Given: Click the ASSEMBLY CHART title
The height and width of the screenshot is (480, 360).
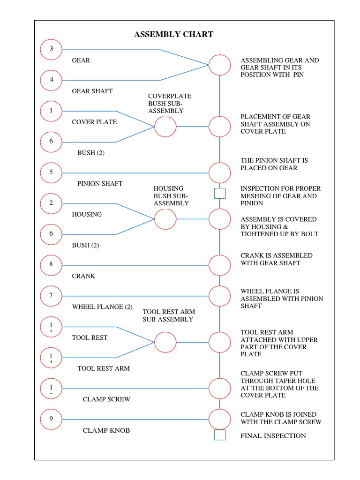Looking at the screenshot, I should pyautogui.click(x=173, y=34).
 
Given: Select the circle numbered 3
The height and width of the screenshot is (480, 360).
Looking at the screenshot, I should pyautogui.click(x=52, y=49).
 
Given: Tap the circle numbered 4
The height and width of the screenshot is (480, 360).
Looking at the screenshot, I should pyautogui.click(x=52, y=80).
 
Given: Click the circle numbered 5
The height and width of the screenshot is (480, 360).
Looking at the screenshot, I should pyautogui.click(x=52, y=172).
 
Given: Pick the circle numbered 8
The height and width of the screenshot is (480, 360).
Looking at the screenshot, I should pyautogui.click(x=52, y=265).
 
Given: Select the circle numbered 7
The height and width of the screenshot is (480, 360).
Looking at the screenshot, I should pyautogui.click(x=52, y=295).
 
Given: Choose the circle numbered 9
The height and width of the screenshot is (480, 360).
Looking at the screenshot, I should pyautogui.click(x=52, y=419).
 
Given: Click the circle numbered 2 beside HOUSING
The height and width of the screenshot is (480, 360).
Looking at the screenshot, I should pyautogui.click(x=52, y=203).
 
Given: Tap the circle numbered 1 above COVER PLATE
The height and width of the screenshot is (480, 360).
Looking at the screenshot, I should pyautogui.click(x=52, y=111).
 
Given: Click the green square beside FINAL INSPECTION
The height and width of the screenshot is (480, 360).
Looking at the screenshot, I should pyautogui.click(x=220, y=435).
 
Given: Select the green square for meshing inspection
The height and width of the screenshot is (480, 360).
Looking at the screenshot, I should pyautogui.click(x=220, y=193).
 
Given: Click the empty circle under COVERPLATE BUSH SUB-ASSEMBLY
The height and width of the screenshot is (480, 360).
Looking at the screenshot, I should pyautogui.click(x=165, y=127).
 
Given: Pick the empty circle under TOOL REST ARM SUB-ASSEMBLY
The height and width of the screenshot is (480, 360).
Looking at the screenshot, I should pyautogui.click(x=165, y=342).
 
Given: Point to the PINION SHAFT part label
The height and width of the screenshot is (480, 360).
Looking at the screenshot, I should pyautogui.click(x=100, y=183).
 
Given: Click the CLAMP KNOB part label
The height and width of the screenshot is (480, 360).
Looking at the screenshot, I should pyautogui.click(x=106, y=430).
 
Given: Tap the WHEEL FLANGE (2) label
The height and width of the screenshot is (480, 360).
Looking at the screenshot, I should pyautogui.click(x=102, y=307).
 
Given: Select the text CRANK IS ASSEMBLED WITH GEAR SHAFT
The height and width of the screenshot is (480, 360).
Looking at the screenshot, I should pyautogui.click(x=277, y=259).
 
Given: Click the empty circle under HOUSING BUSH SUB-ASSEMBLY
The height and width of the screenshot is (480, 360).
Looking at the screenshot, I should pyautogui.click(x=165, y=219).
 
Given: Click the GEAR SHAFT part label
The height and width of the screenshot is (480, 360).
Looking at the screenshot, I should pyautogui.click(x=92, y=91).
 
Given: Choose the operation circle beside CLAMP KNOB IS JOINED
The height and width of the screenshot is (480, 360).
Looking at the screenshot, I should pyautogui.click(x=220, y=419).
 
